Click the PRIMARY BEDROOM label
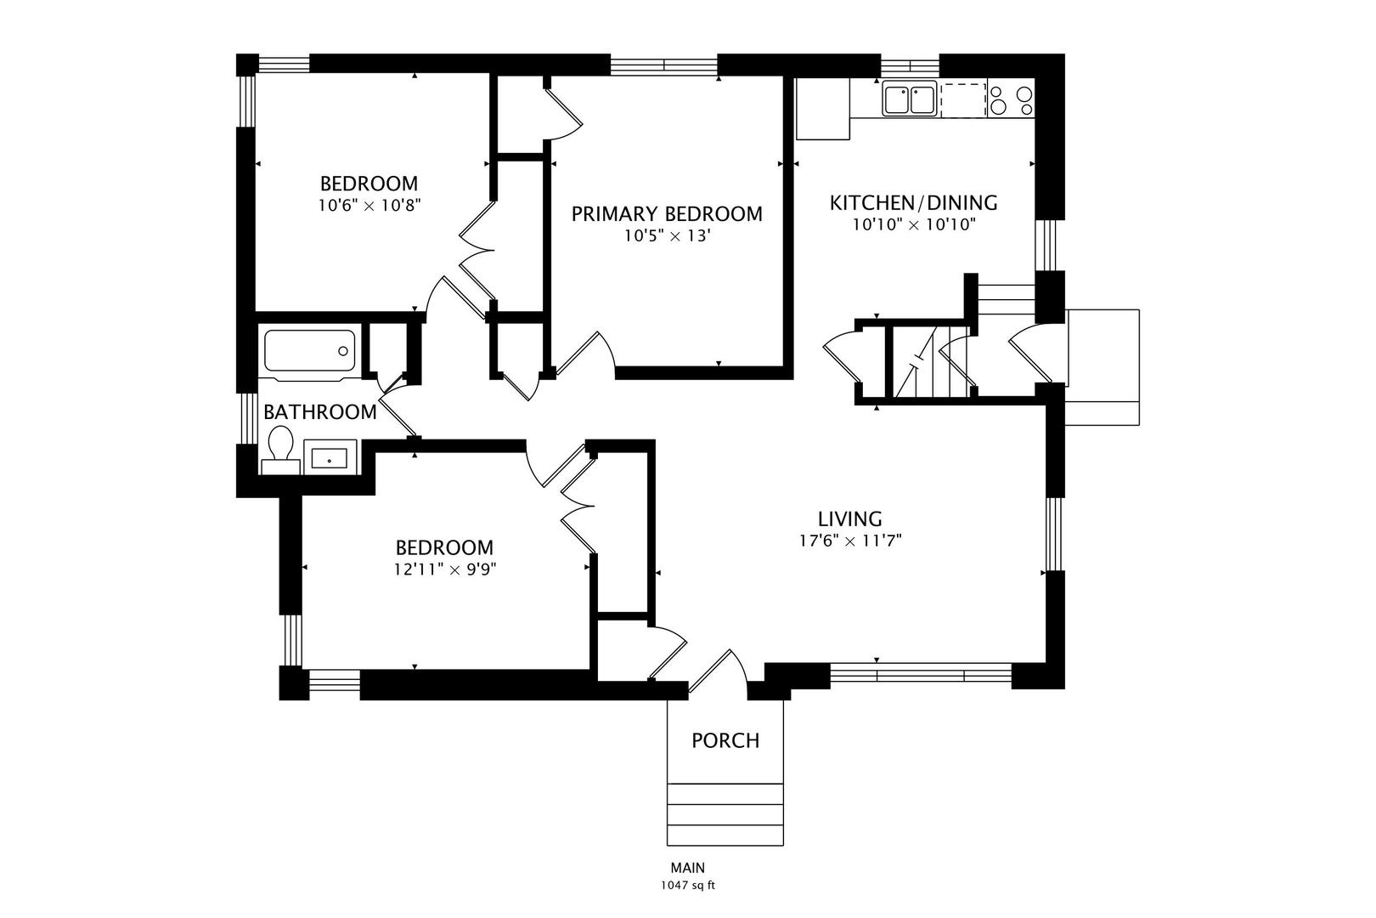[x=667, y=214]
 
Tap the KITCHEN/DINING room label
[x=913, y=202]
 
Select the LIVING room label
[x=850, y=519]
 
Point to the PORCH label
[x=725, y=740]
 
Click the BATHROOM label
[x=320, y=412]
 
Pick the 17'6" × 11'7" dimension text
[x=850, y=541]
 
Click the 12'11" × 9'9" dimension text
[x=445, y=569]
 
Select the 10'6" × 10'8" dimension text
[x=369, y=206]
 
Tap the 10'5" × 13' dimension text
[x=668, y=235]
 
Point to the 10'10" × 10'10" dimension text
[x=914, y=224]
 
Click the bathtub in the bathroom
[x=309, y=351]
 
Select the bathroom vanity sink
[x=330, y=457]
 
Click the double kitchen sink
[x=909, y=99]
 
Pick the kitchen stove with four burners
[x=1011, y=99]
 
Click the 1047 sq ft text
[x=688, y=886]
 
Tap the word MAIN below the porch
[x=688, y=868]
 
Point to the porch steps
[x=725, y=814]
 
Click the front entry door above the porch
[x=718, y=672]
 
